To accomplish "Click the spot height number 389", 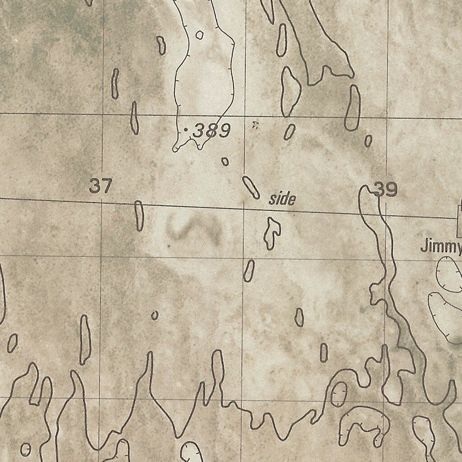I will [x=212, y=131].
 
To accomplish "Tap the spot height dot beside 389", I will [x=186, y=129].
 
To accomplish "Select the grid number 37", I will [x=100, y=186].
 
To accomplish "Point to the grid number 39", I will [x=386, y=190].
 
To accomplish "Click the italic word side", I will [x=282, y=199].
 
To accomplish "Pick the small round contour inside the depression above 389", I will [x=199, y=35].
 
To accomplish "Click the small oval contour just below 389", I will [x=225, y=161].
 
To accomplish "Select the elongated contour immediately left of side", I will [x=251, y=187].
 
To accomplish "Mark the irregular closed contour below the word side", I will [x=273, y=232].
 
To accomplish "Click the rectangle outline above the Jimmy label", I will [x=460, y=218].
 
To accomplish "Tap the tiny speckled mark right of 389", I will [x=254, y=125].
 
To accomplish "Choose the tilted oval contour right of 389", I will [x=289, y=132].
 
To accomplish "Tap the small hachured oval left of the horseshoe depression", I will [x=339, y=394].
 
